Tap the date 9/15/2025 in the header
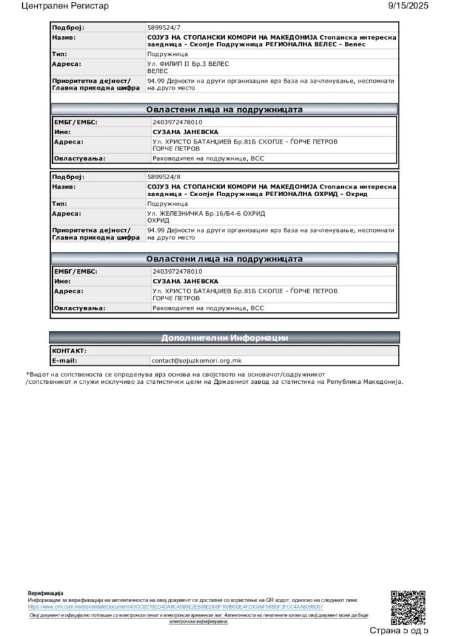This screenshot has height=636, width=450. pos(408,6)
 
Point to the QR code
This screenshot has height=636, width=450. pos(408,607)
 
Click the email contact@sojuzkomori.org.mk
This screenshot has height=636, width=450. pos(196,360)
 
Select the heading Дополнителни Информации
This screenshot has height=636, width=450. pos(224,338)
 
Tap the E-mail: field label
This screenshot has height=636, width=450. pos(65,360)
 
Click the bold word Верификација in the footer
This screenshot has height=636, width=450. pos(46,593)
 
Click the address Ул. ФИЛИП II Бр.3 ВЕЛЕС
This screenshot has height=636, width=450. pos(188,65)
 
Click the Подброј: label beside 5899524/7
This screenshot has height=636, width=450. pos(68,28)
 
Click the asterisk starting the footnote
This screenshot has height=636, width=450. pos(28,374)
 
